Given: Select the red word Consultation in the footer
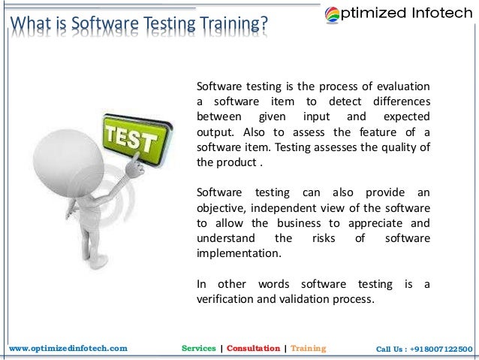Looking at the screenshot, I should (x=254, y=349).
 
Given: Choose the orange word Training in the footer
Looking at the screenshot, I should (x=308, y=349).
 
